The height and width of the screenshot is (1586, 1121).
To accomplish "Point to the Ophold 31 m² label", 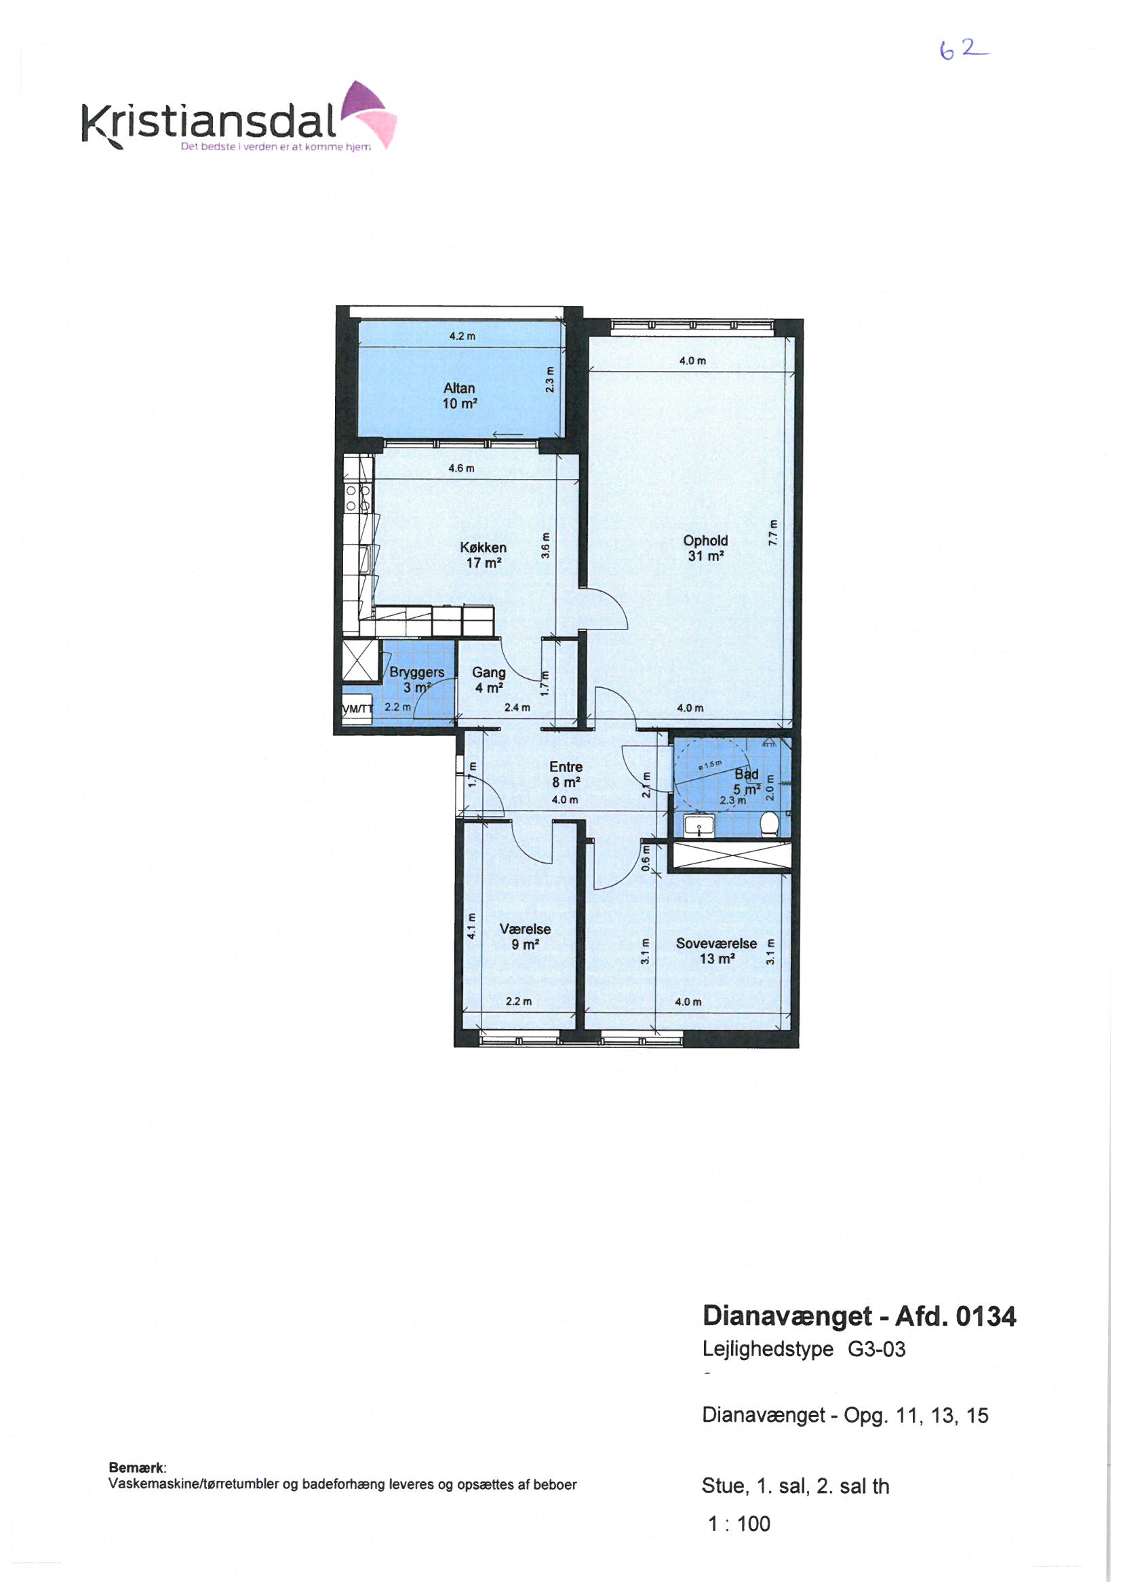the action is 705,548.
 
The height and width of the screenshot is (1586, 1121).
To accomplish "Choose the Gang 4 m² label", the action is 488,680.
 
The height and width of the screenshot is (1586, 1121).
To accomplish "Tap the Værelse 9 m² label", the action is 525,937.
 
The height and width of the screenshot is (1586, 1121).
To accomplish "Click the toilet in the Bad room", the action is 770,824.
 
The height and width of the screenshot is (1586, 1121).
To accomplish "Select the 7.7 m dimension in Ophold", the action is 773,532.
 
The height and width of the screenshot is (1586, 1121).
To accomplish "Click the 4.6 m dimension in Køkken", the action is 461,468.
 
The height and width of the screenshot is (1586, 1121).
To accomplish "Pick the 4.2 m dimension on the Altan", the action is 462,336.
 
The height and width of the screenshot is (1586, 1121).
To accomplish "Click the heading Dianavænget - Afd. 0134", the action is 859,1317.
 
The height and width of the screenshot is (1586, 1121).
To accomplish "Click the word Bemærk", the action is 138,1468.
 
